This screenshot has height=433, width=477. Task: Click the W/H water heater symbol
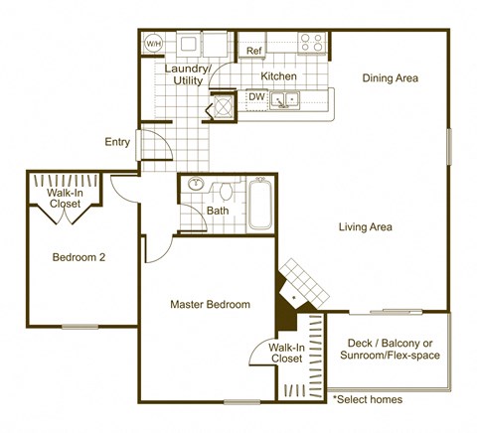(x=154, y=44)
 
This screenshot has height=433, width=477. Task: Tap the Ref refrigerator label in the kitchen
(x=253, y=51)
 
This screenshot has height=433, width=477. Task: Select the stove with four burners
(x=312, y=43)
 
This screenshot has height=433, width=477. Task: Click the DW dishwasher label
(x=255, y=97)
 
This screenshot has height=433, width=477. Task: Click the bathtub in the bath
(x=260, y=203)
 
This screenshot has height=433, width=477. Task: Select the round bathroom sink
(x=195, y=185)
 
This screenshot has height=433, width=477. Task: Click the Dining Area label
(x=390, y=78)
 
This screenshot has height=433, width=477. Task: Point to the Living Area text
(x=365, y=227)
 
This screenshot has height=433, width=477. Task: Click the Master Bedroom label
(x=210, y=304)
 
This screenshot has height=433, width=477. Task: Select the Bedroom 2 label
(x=79, y=257)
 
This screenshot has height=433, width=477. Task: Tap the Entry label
(x=117, y=142)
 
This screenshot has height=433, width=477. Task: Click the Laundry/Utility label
(x=188, y=74)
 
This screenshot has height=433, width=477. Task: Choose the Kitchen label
(x=278, y=76)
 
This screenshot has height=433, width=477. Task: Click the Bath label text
(x=218, y=211)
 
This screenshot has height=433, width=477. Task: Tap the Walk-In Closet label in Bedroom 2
(x=66, y=198)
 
